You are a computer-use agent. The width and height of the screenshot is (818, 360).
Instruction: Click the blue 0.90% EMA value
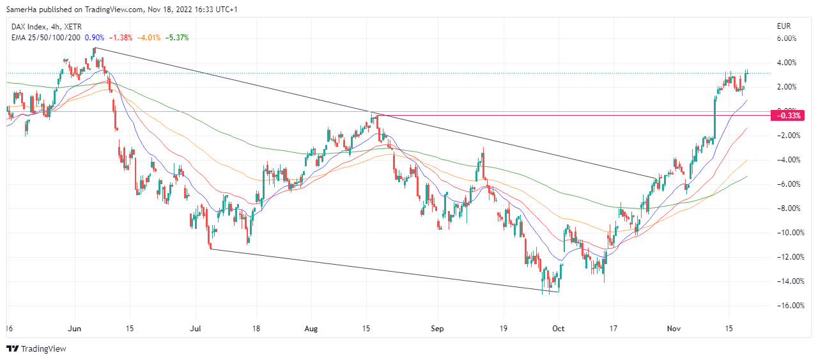coord(95,38)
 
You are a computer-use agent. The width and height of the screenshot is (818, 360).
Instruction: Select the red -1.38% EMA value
coord(122,38)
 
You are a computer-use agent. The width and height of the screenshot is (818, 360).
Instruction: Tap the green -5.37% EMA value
coord(178,38)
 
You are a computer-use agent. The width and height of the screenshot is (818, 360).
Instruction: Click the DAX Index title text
coord(31,26)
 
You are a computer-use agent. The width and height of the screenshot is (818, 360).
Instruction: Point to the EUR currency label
coord(783,26)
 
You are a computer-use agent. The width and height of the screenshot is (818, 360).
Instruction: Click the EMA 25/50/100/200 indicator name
coord(45,38)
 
